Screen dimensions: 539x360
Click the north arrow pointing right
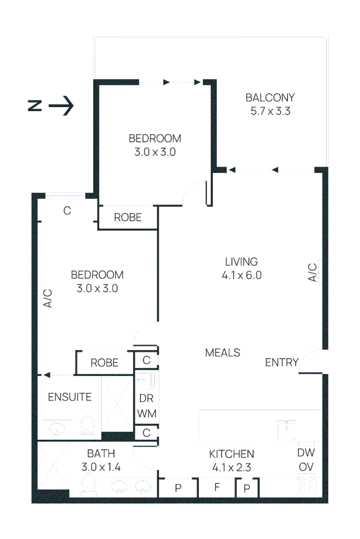coord(62,106)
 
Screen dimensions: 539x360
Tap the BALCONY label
coord(270,97)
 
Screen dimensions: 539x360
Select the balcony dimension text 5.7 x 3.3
coord(270,112)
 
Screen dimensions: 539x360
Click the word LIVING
coord(241,262)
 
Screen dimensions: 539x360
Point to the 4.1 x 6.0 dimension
coord(241,275)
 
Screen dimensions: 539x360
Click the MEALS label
coord(222,353)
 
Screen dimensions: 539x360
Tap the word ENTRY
coord(282,363)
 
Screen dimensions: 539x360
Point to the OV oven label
coord(306,468)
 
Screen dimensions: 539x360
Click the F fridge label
coord(216,488)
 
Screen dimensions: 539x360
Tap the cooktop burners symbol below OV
coord(306,486)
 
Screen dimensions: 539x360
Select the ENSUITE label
coord(70,397)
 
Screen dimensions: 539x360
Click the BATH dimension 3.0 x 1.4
coord(101,467)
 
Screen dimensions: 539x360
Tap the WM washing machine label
coord(147,413)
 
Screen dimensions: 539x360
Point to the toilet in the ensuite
coord(88,426)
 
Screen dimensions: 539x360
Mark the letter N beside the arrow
coord(34,106)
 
